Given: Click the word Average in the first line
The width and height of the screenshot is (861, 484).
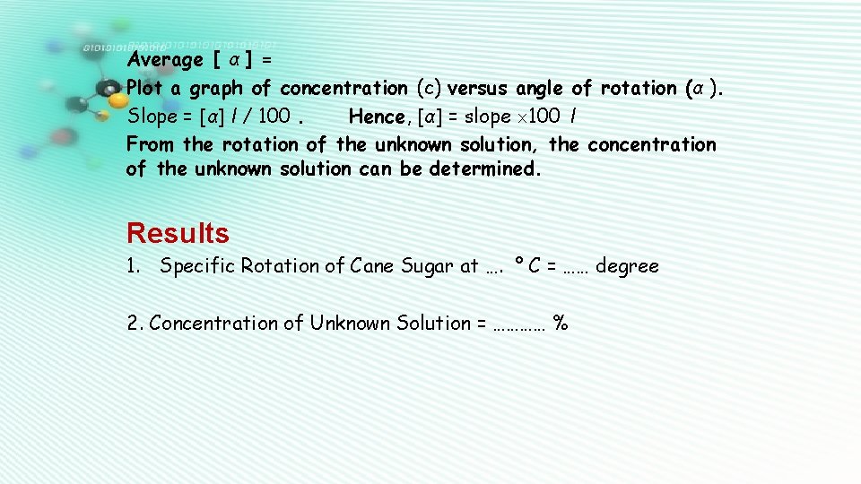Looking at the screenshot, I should click(x=165, y=60).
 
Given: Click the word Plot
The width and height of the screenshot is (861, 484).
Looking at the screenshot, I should click(x=145, y=88).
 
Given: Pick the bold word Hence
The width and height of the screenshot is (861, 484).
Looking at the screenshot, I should click(x=377, y=116).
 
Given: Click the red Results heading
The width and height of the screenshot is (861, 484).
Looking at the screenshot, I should click(x=178, y=233).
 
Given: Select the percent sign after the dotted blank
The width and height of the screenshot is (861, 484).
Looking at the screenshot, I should click(x=561, y=324).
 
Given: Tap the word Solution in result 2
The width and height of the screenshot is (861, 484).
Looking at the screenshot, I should click(x=432, y=324).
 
